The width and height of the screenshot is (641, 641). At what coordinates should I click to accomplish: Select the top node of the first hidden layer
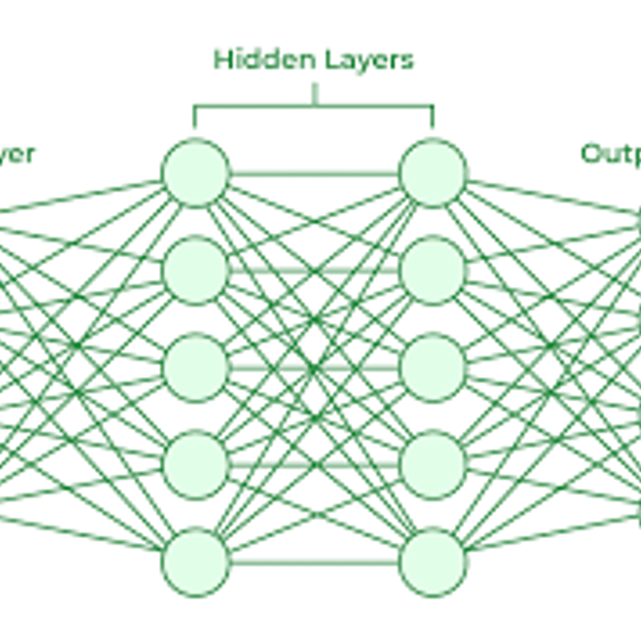click(x=196, y=173)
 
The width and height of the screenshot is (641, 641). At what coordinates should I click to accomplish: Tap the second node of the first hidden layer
click(x=196, y=271)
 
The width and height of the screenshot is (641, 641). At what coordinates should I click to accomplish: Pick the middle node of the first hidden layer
click(x=196, y=368)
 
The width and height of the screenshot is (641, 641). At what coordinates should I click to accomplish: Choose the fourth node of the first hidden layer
click(x=196, y=465)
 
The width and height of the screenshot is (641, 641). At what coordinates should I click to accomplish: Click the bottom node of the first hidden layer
click(x=196, y=562)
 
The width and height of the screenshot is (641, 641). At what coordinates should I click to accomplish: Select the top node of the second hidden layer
click(x=432, y=173)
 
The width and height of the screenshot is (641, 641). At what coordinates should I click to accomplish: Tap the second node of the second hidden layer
click(x=432, y=271)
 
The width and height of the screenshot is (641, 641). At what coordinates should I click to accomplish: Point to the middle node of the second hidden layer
click(x=432, y=368)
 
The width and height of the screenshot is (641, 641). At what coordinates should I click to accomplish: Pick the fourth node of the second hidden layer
click(x=432, y=465)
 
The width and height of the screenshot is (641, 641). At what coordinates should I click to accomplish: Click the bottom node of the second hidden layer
click(x=432, y=562)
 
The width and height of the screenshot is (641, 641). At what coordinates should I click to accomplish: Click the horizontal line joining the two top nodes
click(x=314, y=174)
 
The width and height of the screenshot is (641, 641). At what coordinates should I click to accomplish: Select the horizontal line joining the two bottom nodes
click(x=314, y=562)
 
